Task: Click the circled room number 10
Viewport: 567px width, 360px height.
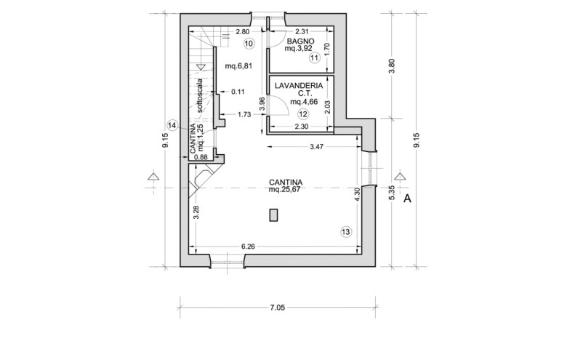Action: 249,44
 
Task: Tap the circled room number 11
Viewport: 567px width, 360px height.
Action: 315,57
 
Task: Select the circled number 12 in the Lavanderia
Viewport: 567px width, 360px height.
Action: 302,114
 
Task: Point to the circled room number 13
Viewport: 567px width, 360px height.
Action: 346,231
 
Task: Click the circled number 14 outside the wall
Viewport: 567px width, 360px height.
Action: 173,126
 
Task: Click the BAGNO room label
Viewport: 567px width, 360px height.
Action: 300,41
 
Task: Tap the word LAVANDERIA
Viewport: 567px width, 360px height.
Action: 299,86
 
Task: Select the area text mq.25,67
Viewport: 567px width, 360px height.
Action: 285,189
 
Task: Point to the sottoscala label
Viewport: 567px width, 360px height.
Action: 201,96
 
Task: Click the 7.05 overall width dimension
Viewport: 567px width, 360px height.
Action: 278,308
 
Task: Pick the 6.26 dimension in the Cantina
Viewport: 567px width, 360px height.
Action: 248,247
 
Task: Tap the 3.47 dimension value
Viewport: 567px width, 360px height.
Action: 316,146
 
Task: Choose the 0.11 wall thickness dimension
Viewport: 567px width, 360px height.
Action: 238,92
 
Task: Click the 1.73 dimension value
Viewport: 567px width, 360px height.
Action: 244,115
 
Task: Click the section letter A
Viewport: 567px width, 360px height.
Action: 408,199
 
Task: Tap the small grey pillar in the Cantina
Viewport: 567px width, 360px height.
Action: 273,215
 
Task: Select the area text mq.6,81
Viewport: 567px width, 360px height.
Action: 238,66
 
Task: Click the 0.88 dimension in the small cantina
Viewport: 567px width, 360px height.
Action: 201,157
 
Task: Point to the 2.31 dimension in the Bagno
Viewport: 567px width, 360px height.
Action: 302,32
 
